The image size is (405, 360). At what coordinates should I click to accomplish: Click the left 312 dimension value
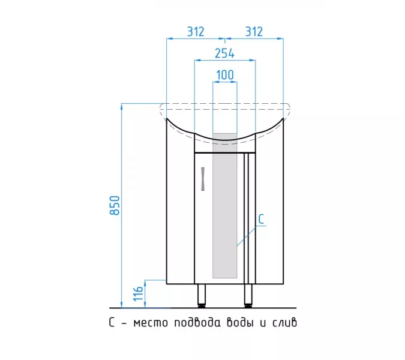(196, 32)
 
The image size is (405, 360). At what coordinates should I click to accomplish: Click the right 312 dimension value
(254, 32)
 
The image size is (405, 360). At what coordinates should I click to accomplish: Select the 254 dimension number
(225, 53)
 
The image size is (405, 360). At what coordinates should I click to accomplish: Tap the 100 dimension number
(225, 75)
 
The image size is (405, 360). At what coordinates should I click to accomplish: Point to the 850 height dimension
(115, 206)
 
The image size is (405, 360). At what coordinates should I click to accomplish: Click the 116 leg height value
(139, 293)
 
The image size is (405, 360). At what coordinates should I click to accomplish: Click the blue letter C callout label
(261, 219)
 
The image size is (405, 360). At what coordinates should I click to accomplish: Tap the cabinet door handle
(203, 179)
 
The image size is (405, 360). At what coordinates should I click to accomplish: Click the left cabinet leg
(202, 296)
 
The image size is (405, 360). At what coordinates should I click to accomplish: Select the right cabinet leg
(248, 296)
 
